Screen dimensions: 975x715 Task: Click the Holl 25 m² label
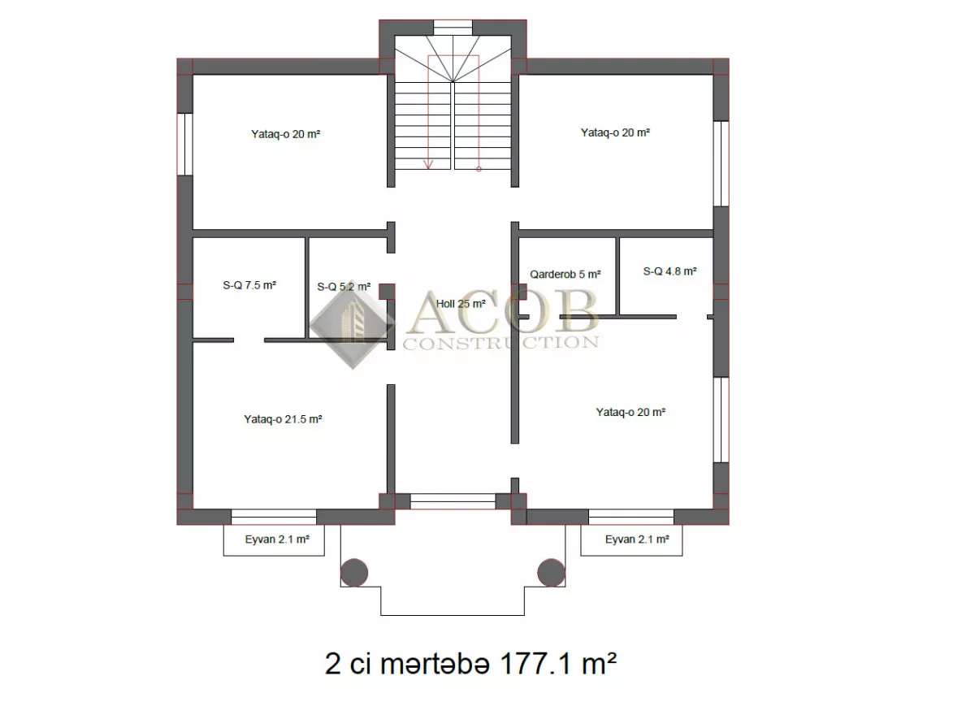(x=461, y=304)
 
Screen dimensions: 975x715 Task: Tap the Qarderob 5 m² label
(x=565, y=274)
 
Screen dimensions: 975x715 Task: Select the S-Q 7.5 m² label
(x=249, y=285)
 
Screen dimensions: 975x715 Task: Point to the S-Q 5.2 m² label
(x=344, y=287)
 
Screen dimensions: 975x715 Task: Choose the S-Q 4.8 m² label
(x=669, y=271)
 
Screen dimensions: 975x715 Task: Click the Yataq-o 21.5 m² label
(x=283, y=419)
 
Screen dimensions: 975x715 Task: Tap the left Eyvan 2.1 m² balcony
(x=274, y=540)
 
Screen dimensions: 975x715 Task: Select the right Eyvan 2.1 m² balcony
(x=631, y=540)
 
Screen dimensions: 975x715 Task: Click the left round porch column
(x=354, y=573)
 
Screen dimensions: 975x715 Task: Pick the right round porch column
(x=551, y=573)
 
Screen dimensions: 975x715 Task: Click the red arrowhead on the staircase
(x=428, y=164)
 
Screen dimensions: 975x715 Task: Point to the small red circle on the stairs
(x=479, y=169)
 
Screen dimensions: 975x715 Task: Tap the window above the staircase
(x=453, y=28)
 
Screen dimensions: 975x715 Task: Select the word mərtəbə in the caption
(x=435, y=665)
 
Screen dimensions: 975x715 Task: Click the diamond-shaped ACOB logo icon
(x=352, y=324)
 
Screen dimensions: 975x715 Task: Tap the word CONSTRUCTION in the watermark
(x=500, y=343)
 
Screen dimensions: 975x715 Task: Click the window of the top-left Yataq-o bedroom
(x=185, y=145)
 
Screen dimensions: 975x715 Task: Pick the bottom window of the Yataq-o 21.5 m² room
(x=274, y=517)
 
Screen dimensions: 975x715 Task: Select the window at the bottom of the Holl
(x=453, y=501)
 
